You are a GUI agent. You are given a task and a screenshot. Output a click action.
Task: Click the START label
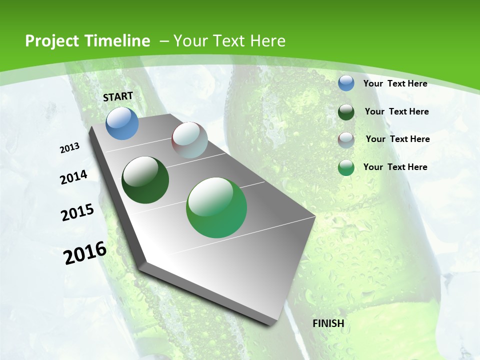pyautogui.click(x=118, y=96)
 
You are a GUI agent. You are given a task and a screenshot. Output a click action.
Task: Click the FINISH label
pyautogui.click(x=328, y=323)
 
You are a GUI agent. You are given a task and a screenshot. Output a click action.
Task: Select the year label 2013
pyautogui.click(x=70, y=148)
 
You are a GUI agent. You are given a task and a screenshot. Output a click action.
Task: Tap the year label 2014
pyautogui.click(x=74, y=177)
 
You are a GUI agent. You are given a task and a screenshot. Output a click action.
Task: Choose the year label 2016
pyautogui.click(x=85, y=253)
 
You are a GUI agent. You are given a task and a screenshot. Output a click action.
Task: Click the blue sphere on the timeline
pyautogui.click(x=122, y=123)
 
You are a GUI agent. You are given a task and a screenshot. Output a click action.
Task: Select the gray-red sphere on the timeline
pyautogui.click(x=189, y=140)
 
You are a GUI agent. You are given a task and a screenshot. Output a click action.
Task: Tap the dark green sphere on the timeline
pyautogui.click(x=145, y=180)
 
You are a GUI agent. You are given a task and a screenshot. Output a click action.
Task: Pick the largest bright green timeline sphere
pyautogui.click(x=216, y=207)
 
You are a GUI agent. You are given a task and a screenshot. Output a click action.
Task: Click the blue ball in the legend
pyautogui.click(x=346, y=83)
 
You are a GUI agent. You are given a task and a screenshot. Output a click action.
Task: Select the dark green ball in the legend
pyautogui.click(x=346, y=111)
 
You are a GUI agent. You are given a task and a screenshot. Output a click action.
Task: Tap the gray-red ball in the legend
pyautogui.click(x=346, y=139)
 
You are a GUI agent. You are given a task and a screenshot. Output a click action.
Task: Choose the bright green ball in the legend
pyautogui.click(x=346, y=167)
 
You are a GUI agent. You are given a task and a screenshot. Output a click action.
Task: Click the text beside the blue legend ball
pyautogui.click(x=395, y=83)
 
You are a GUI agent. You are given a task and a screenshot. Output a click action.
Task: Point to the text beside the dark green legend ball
pyautogui.click(x=396, y=111)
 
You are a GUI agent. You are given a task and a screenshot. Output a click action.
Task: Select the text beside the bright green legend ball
pyautogui.click(x=395, y=167)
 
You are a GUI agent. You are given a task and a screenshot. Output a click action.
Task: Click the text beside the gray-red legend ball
pyautogui.click(x=397, y=139)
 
